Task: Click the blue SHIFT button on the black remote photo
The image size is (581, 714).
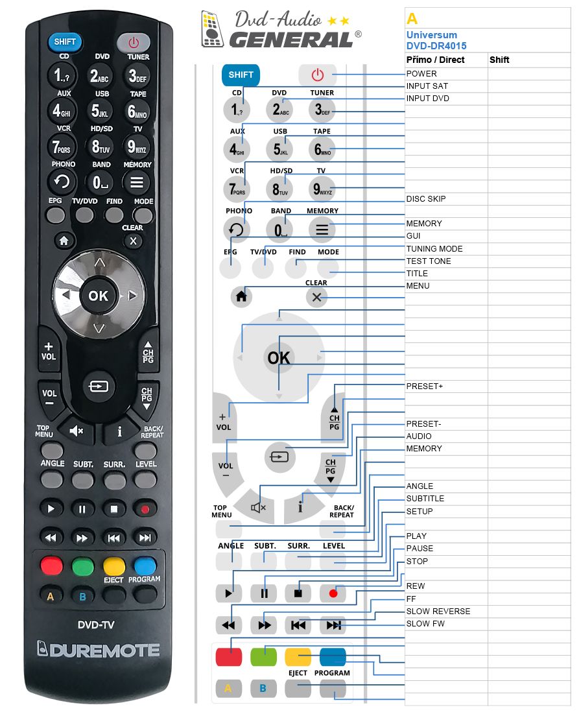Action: [x=65, y=42]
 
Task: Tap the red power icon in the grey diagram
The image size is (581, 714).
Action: [x=317, y=75]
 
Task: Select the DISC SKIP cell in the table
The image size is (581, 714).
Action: [x=426, y=199]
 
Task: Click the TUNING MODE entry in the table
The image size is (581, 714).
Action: [x=434, y=248]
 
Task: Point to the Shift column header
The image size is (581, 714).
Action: [x=499, y=60]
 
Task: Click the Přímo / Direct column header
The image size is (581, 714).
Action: [x=435, y=60]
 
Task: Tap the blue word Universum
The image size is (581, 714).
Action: [x=432, y=35]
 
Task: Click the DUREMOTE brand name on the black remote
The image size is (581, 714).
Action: [x=99, y=650]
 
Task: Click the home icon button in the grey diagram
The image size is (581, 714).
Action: [x=241, y=296]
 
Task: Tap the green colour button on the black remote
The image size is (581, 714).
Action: [x=83, y=566]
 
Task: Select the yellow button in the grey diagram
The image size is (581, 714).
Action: [x=298, y=657]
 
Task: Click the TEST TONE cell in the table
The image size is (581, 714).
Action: [x=429, y=261]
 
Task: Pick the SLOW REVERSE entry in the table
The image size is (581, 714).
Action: [x=438, y=611]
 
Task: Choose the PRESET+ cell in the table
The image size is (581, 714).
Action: [x=424, y=386]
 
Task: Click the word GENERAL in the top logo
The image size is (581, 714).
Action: [x=291, y=40]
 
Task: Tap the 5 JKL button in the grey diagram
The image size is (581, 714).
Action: [x=280, y=149]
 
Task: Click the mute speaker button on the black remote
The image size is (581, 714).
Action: [x=76, y=430]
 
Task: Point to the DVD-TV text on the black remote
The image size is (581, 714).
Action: [x=96, y=625]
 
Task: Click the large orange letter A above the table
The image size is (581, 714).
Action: [x=412, y=19]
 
